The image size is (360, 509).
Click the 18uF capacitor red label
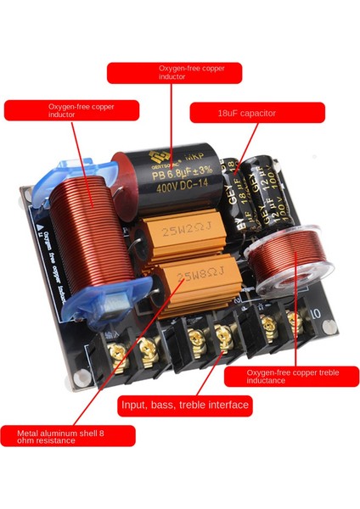click(256, 113)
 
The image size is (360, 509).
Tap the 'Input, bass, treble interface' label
click(184, 406)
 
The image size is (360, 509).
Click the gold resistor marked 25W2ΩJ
click(188, 231)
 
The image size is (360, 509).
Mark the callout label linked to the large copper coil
click(71, 111)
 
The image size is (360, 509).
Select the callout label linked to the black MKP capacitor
click(174, 72)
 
